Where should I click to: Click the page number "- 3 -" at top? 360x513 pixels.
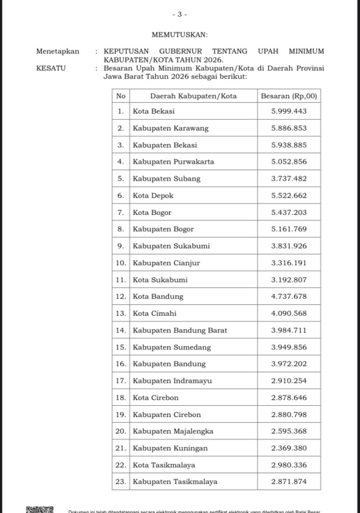point(180,15)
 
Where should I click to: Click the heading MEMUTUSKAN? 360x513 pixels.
point(180,34)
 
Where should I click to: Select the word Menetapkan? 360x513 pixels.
point(58,51)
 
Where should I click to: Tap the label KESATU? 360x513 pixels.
point(51,68)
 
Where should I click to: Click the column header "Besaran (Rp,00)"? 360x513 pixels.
point(289,96)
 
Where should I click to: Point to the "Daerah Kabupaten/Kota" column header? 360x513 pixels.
point(193,96)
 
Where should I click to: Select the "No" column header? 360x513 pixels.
point(121,96)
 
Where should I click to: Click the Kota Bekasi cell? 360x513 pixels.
point(154,111)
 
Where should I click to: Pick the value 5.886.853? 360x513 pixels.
point(289,128)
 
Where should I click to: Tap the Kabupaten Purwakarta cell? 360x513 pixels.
point(173,162)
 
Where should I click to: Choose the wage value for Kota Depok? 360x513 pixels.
point(289,196)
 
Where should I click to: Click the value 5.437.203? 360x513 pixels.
point(289,212)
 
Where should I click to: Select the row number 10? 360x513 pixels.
point(121,263)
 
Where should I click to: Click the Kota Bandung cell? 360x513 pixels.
point(158,296)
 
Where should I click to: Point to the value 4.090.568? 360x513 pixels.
point(289,313)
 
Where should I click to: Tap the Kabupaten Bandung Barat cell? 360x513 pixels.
point(180,330)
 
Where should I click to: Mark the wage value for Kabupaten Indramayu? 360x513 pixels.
point(289,381)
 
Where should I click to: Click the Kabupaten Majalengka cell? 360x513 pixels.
point(173,431)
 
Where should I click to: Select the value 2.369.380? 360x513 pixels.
point(289,448)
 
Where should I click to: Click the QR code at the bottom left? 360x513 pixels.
point(39,509)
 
